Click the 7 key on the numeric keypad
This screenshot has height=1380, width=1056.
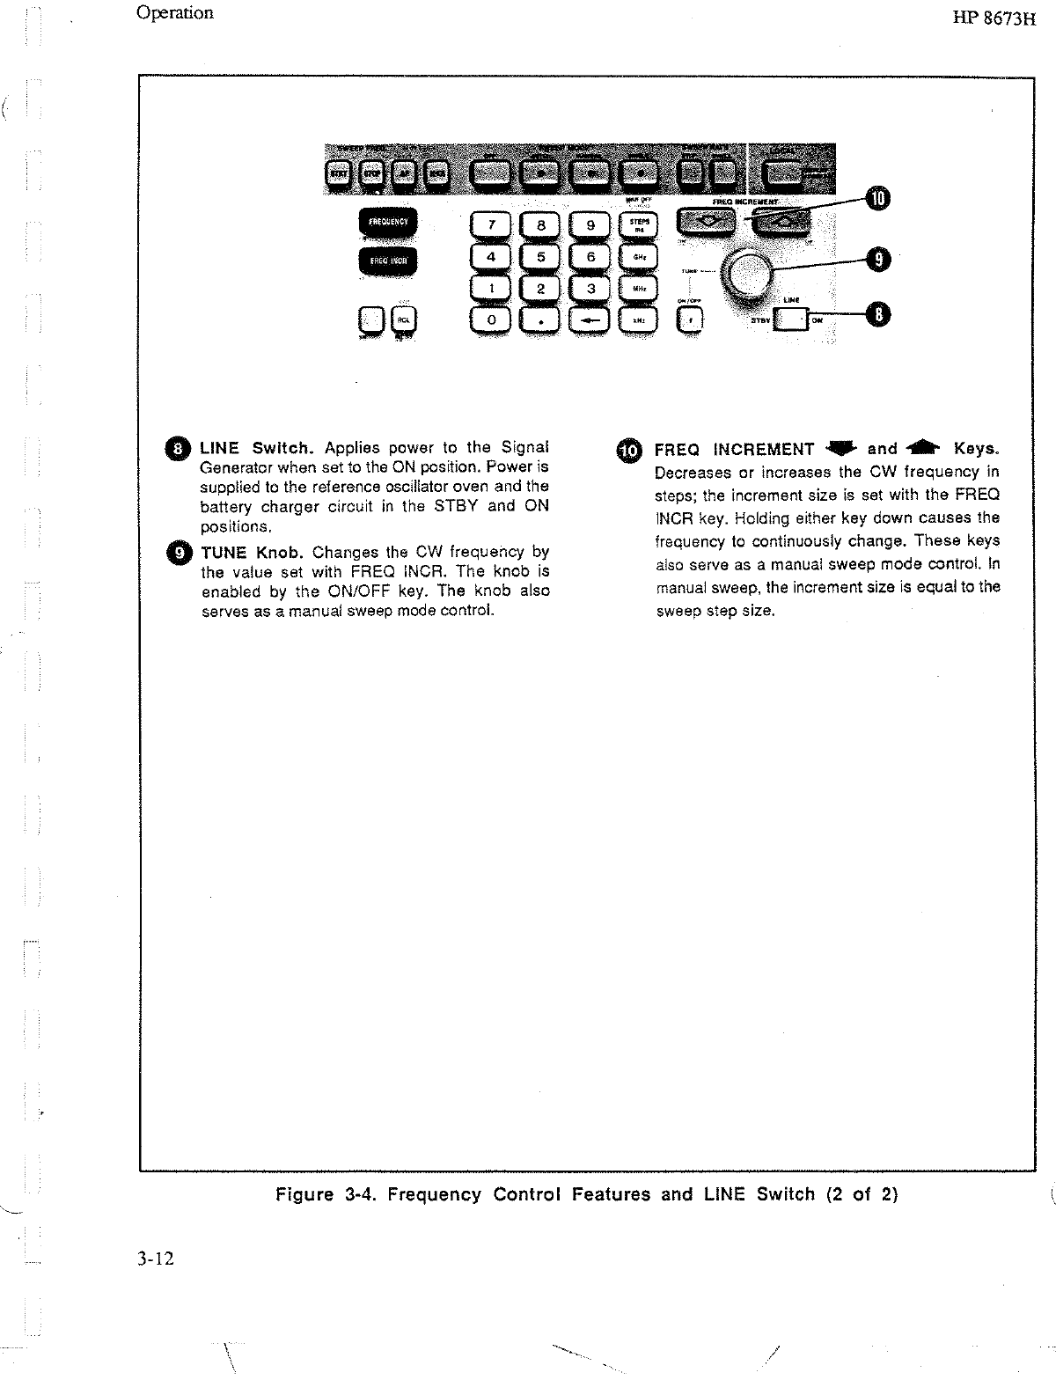[492, 225]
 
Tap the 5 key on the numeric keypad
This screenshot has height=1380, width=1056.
[541, 257]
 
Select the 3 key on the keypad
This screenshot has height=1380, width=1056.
[590, 289]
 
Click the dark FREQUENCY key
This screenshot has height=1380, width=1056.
[388, 223]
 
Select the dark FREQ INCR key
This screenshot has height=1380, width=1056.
[388, 261]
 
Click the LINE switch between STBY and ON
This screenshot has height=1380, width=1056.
[794, 319]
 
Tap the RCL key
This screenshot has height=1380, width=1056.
[404, 320]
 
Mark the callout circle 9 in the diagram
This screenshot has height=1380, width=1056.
[877, 259]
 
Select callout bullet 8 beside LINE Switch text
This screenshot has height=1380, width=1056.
[179, 449]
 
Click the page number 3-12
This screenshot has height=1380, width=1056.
[156, 1259]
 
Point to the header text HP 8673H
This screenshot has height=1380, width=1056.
[994, 19]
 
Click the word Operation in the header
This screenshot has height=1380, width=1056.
[175, 13]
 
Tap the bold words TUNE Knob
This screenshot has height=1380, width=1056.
[252, 553]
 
